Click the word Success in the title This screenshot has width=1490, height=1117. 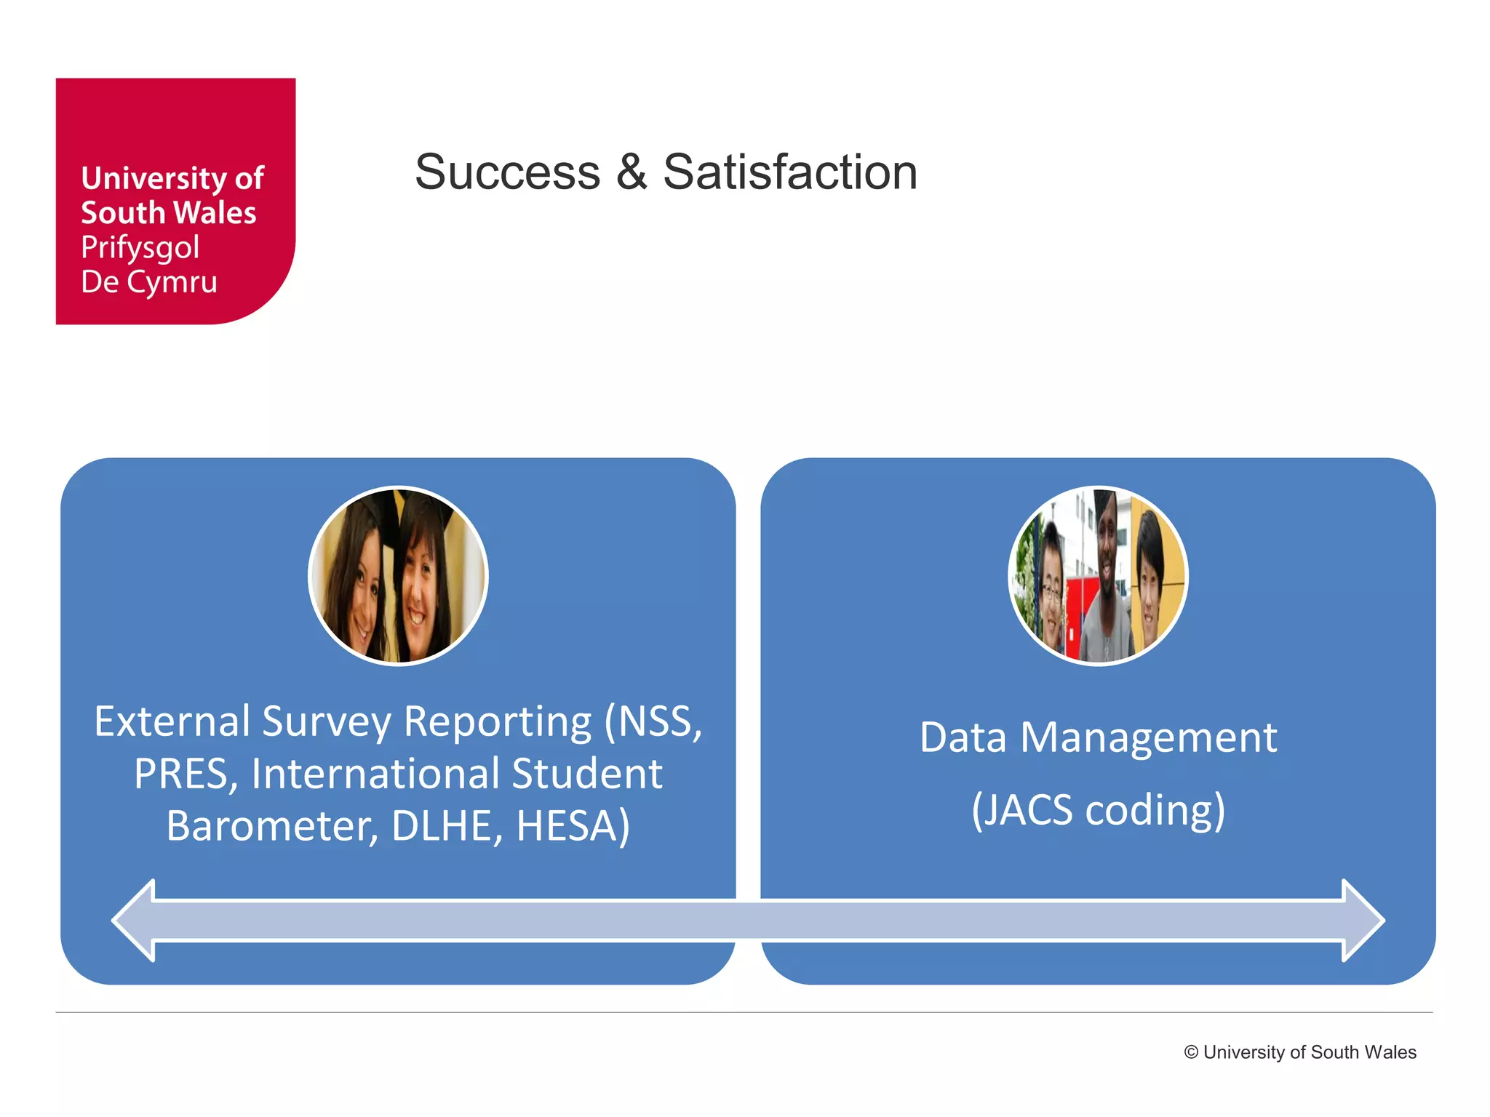[507, 172]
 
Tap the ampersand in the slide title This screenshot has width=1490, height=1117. [631, 172]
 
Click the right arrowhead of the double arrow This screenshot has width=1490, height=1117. [1361, 921]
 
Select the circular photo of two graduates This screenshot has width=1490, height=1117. [398, 576]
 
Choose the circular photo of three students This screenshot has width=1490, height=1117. [1098, 576]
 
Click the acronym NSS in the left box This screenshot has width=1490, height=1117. [658, 721]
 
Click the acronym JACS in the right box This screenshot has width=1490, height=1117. [1026, 810]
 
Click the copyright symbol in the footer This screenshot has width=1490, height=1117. [1191, 1052]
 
